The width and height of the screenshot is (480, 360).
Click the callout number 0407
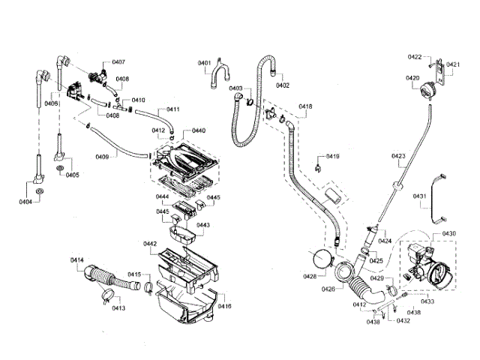click(x=118, y=61)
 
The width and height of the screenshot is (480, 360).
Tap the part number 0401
click(x=205, y=63)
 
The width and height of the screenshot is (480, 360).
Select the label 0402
click(x=283, y=85)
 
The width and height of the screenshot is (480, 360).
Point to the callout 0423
click(x=398, y=157)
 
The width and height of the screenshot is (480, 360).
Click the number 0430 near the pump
click(x=448, y=234)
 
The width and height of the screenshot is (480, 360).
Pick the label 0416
click(x=224, y=306)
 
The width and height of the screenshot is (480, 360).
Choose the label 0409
click(x=103, y=156)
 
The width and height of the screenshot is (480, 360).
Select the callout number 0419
click(x=332, y=156)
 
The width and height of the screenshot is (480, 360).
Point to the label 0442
click(x=150, y=244)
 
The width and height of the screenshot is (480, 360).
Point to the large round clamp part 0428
click(x=322, y=260)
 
